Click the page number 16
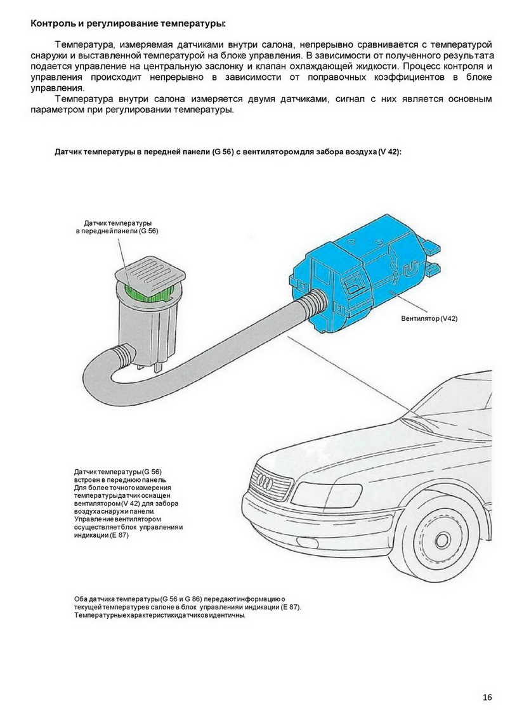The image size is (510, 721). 487,698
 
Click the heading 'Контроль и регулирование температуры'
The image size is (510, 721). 128,24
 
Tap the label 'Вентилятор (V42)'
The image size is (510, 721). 429,318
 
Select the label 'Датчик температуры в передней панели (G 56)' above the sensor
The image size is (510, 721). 117,228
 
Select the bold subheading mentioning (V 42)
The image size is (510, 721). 228,153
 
